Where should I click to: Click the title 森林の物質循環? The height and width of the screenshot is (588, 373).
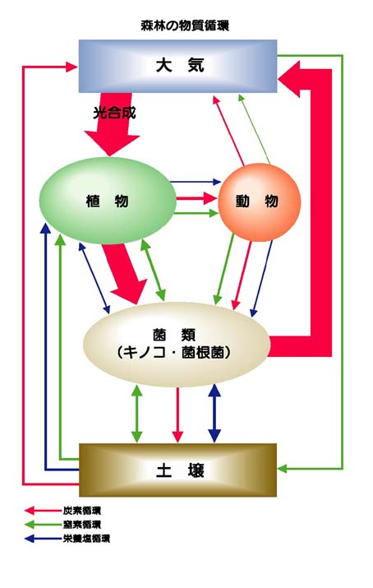pos(185,25)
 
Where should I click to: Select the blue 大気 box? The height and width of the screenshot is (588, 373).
pos(178,66)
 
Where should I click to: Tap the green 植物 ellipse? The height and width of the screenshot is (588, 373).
pos(108,201)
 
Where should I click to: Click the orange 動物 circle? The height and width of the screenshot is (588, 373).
pos(259,201)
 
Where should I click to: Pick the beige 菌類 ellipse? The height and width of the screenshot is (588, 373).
pos(177,345)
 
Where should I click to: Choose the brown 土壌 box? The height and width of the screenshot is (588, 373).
pos(178,470)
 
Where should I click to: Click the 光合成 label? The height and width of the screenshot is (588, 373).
pos(114,113)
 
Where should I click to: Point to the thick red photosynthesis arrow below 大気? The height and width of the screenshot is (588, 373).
pos(112,124)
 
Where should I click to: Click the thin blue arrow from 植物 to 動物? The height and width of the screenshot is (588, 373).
pos(196,182)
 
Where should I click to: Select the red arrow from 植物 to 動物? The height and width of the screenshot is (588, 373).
pos(197,198)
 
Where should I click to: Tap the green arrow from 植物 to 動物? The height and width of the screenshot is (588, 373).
pos(196,213)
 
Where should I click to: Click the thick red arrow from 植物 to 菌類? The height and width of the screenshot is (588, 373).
pos(124,273)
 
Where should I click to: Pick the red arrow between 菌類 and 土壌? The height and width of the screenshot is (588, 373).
pos(177,414)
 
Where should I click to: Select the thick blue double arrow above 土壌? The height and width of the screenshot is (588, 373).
pos(214,414)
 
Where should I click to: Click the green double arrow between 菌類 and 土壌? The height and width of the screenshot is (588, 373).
pos(137,414)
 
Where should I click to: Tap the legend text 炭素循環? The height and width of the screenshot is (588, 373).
pos(82,511)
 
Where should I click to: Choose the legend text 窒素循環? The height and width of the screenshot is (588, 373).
pos(82,524)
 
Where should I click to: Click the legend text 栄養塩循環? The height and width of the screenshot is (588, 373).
pos(86,539)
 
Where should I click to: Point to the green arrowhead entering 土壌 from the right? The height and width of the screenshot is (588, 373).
pos(282,469)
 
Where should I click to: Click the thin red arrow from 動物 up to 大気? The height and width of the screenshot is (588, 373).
pos(228,131)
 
